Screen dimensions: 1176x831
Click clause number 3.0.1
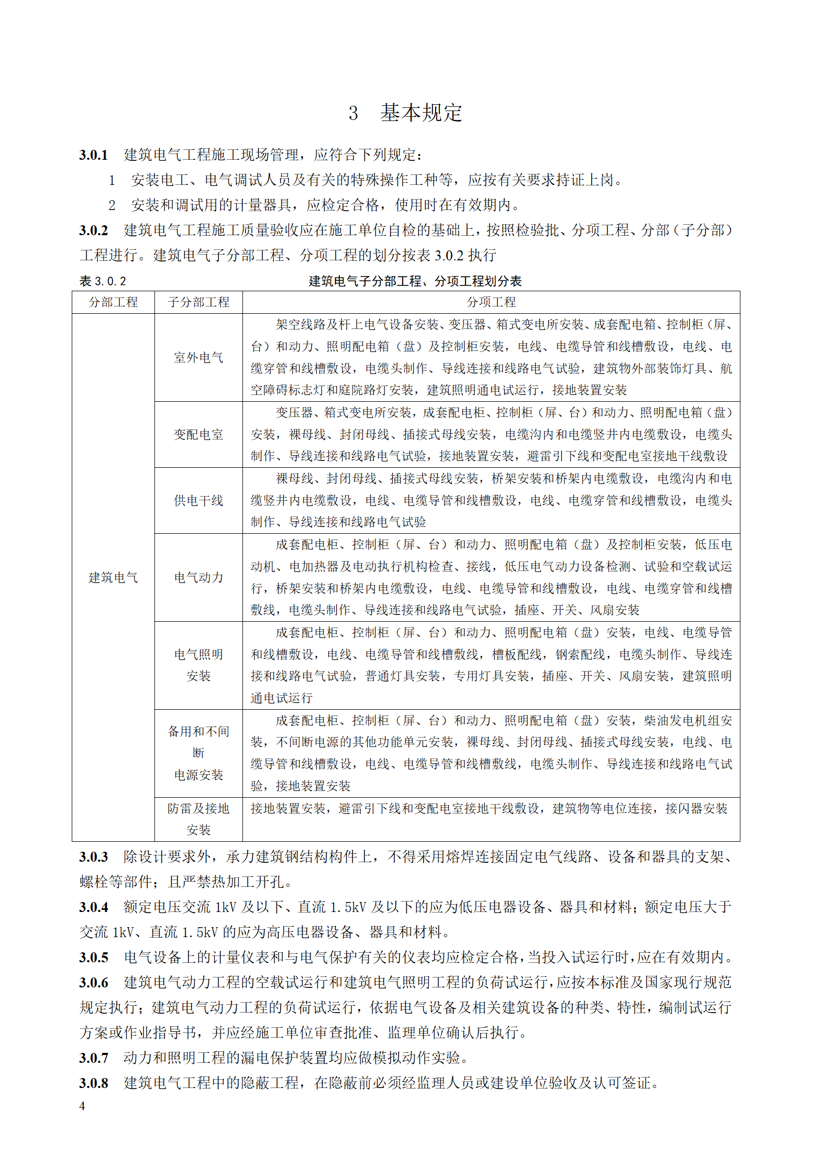94,155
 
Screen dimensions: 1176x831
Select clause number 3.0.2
94,230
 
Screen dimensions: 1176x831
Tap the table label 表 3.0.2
103,281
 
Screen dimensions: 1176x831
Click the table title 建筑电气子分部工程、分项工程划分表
415,281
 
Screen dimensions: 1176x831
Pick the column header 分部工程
113,302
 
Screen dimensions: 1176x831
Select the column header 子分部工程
198,302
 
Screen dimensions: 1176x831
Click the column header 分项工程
491,302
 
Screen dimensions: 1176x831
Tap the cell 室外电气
198,358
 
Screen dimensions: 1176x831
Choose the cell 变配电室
198,435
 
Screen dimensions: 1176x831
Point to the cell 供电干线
198,501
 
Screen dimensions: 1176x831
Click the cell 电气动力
198,578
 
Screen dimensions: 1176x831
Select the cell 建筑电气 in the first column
113,578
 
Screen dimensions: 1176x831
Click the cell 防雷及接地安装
198,819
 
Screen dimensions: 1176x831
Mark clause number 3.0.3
94,857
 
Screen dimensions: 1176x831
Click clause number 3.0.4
94,907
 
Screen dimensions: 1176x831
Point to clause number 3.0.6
94,983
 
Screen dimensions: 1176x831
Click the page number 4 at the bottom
82,1106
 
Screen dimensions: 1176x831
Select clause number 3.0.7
94,1058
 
